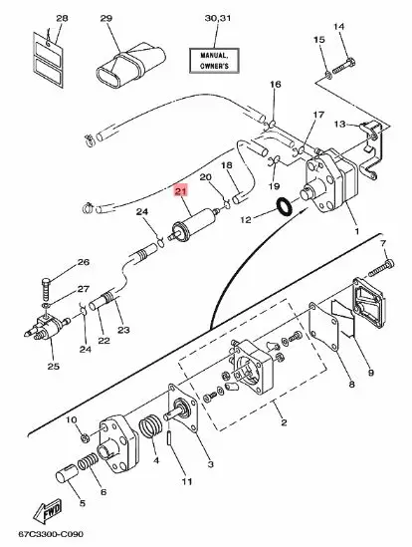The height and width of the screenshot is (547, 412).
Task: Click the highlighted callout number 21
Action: point(180,192)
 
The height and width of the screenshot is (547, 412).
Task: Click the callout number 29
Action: point(106,19)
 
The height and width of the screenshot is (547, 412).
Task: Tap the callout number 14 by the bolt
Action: point(337,26)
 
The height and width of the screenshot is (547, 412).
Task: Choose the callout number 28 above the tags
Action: point(35,19)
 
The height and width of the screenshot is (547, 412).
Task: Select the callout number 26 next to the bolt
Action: point(83,262)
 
